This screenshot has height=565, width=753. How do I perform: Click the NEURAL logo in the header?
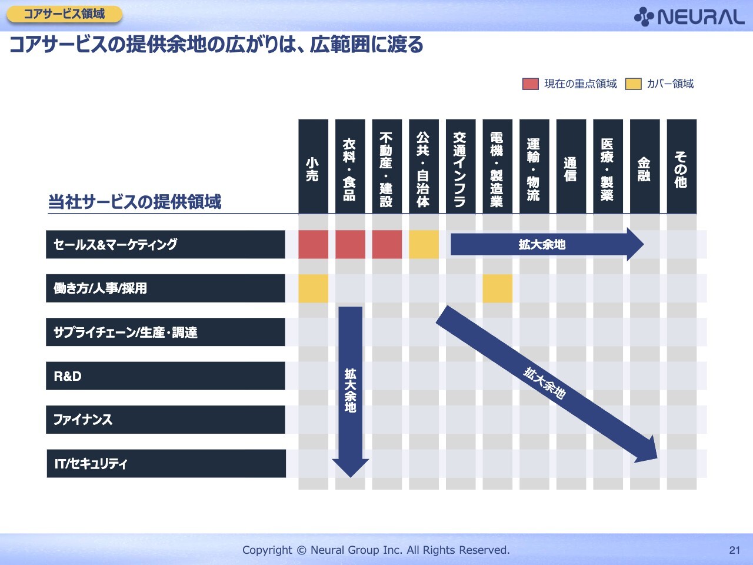(689, 17)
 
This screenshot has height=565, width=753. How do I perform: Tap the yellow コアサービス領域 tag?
(65, 14)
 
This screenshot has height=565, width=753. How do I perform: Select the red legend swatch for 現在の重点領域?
(531, 84)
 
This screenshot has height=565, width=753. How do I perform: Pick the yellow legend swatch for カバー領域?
(633, 84)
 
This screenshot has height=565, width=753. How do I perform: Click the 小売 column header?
(313, 167)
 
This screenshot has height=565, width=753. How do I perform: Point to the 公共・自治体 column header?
(424, 167)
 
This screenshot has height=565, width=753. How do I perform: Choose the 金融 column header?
(645, 167)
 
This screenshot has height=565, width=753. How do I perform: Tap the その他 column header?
(682, 167)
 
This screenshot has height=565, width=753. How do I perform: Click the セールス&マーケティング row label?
(165, 244)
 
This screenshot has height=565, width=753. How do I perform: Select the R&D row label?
(165, 375)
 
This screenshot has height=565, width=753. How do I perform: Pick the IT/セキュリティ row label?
(166, 463)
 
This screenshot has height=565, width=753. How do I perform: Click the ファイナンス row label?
(165, 420)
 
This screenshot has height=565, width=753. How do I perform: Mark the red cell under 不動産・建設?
(387, 244)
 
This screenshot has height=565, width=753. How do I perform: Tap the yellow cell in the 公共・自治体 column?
(424, 244)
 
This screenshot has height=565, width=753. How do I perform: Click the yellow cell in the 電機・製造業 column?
(498, 288)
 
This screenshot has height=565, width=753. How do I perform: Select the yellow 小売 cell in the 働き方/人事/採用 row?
(313, 288)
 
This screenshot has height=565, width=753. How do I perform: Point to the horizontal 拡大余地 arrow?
(547, 244)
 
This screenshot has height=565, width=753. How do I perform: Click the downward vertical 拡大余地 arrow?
(350, 392)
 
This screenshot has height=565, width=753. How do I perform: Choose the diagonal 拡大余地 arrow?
(547, 384)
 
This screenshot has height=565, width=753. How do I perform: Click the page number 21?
(735, 550)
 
